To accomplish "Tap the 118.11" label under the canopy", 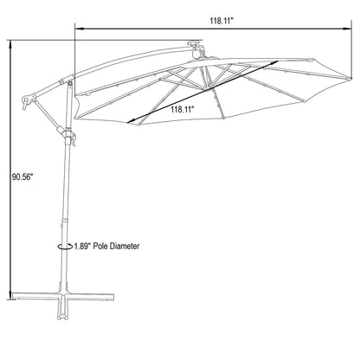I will tap(181, 110).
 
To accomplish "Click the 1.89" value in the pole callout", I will tap(85, 247).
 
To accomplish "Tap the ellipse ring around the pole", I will tap(61, 247).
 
